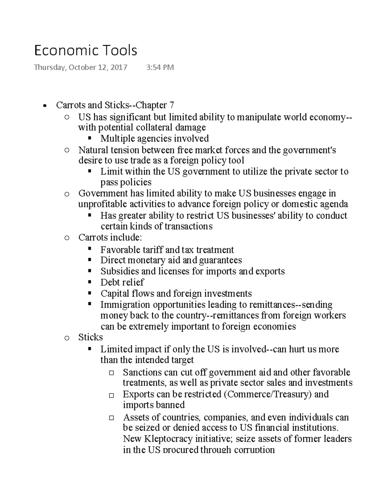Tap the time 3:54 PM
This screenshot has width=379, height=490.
(160, 67)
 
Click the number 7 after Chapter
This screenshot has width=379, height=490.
(171, 105)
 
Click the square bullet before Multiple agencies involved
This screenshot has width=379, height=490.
(90, 138)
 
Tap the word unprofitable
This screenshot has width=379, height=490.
(101, 204)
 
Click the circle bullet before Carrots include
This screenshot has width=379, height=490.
(67, 238)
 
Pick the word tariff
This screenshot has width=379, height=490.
(152, 250)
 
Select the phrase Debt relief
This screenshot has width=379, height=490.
(122, 282)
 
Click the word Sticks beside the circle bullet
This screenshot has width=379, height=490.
(91, 337)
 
